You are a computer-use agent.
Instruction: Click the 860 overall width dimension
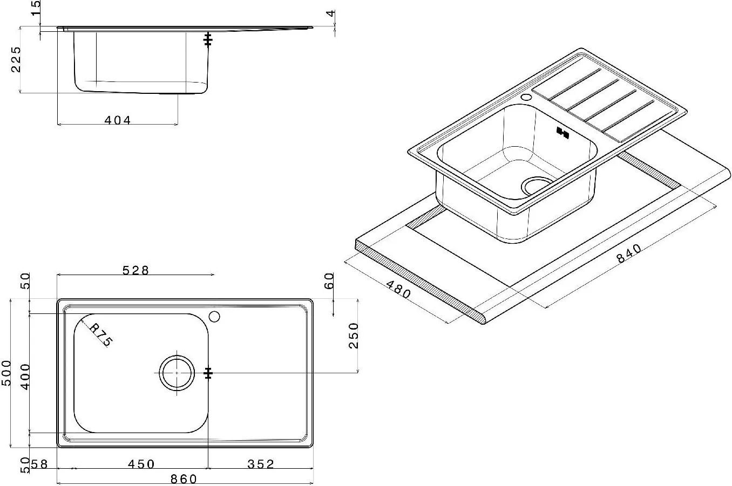click(184, 479)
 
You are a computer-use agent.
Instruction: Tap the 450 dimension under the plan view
click(141, 464)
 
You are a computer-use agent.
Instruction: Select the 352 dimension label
click(261, 464)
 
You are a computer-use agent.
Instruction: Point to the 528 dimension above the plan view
click(135, 270)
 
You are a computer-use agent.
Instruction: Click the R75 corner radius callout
click(101, 335)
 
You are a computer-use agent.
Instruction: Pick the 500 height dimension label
click(6, 373)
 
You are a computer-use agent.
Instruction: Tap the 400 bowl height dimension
click(25, 377)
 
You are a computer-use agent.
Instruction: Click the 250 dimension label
click(354, 336)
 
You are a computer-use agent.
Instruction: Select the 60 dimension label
click(329, 281)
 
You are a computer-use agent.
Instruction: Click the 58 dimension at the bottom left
click(39, 464)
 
